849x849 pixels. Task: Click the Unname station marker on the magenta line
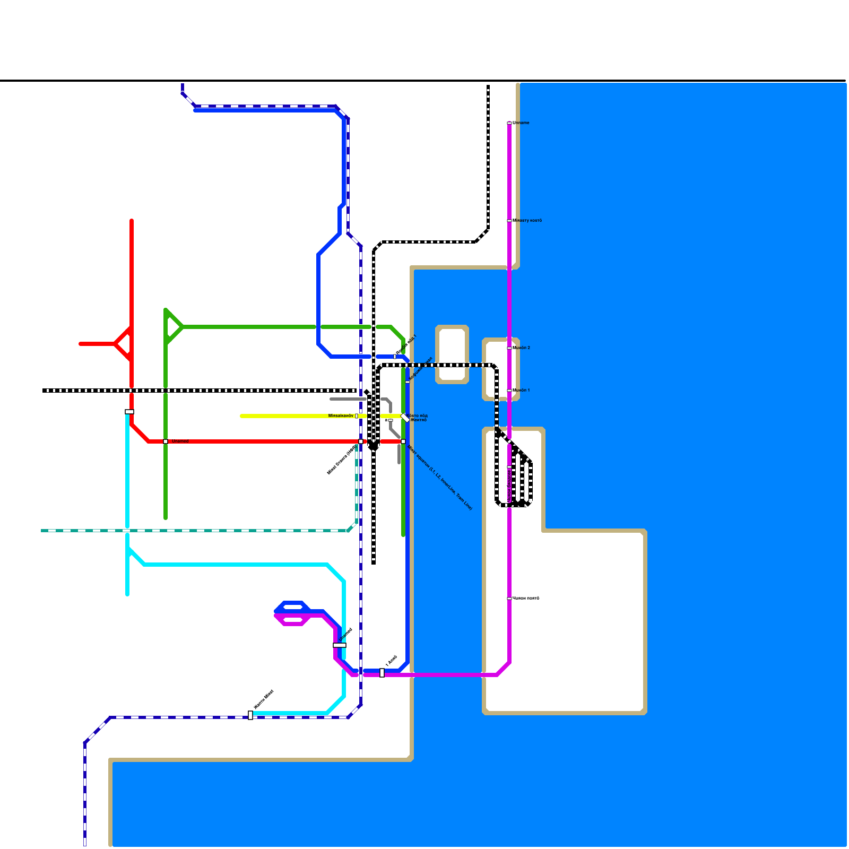click(x=509, y=123)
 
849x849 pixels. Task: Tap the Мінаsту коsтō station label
click(x=527, y=221)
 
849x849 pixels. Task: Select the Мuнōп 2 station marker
click(x=509, y=348)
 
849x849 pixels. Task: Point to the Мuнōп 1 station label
click(x=522, y=391)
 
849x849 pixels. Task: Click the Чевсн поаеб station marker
click(x=509, y=598)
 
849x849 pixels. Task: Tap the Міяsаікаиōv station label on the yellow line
click(x=341, y=416)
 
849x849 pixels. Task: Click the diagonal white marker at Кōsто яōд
click(x=405, y=418)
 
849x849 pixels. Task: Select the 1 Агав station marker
click(x=382, y=672)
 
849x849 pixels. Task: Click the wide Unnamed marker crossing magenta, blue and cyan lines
click(x=340, y=645)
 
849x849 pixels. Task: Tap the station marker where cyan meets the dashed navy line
click(x=250, y=715)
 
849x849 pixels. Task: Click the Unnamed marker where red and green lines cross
click(x=166, y=441)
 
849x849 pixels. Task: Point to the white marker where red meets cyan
click(x=129, y=412)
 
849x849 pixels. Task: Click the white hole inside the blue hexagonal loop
click(x=293, y=607)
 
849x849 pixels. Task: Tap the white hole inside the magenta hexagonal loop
click(x=293, y=620)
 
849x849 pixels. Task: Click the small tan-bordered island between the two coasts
click(x=452, y=354)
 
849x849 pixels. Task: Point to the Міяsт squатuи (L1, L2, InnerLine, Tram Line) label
click(x=439, y=477)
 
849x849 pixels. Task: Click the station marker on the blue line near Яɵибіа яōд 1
click(x=395, y=357)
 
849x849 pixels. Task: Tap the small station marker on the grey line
click(x=391, y=420)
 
